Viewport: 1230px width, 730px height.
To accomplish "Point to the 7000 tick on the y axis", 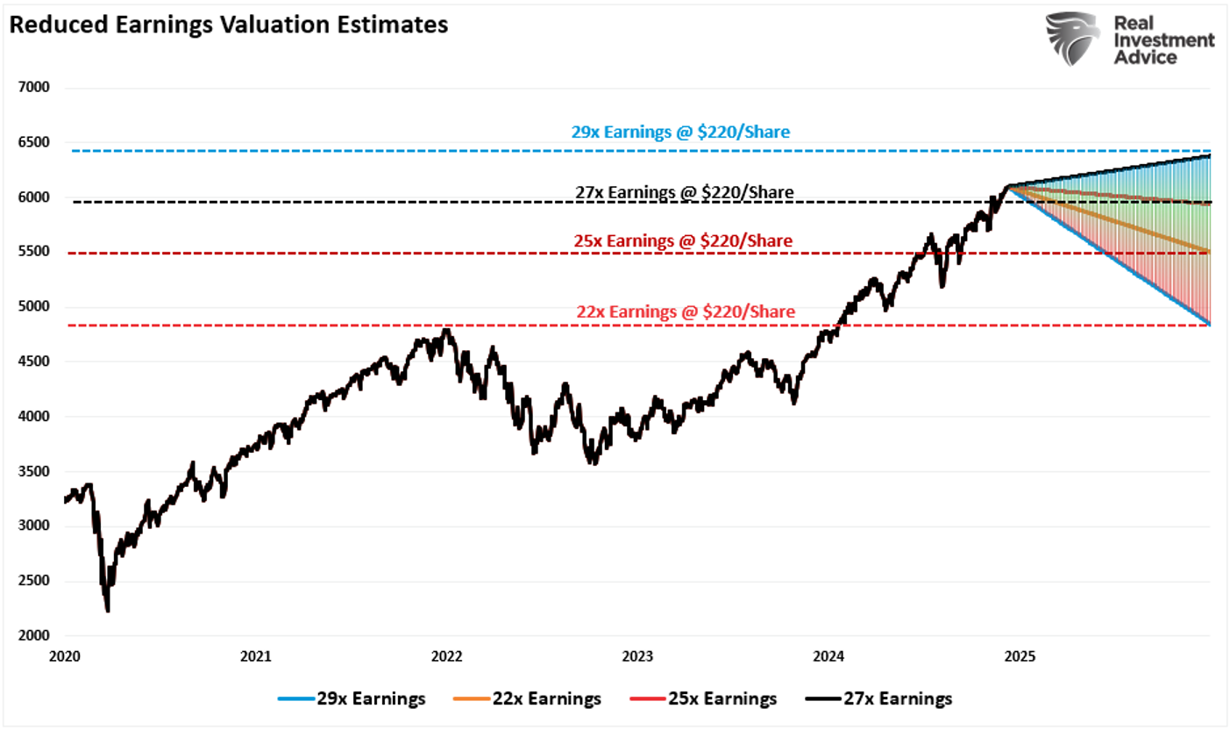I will click(36, 88).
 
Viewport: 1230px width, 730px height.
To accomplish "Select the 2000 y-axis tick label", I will click(36, 635).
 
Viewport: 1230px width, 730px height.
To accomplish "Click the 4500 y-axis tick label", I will click(36, 361).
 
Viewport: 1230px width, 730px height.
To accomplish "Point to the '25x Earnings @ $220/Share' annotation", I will click(683, 240).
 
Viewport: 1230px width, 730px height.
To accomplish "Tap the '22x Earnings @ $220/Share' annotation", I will click(686, 311).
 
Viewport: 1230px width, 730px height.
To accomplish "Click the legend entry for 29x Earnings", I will click(352, 699).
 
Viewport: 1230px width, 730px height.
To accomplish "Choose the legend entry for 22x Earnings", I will click(527, 699).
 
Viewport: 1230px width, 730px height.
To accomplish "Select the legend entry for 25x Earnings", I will click(702, 699).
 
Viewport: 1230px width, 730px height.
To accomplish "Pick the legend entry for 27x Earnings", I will click(878, 699).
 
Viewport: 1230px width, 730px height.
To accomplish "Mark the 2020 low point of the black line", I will click(107, 611).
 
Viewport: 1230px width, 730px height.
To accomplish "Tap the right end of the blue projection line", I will click(1210, 325).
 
